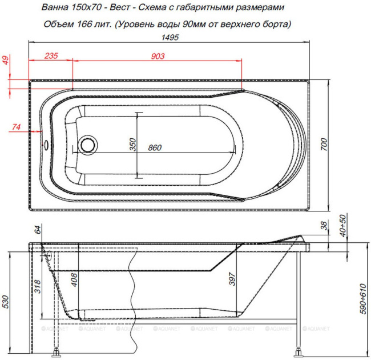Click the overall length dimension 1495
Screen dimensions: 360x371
pos(171,37)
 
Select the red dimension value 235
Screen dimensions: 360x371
pos(51,55)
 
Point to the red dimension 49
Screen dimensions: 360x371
pos(7,61)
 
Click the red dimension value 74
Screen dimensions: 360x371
pos(16,126)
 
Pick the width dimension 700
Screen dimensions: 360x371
pos(324,146)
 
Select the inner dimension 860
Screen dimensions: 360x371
pos(154,148)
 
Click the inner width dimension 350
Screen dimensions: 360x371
pos(132,145)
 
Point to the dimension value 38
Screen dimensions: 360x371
pos(324,227)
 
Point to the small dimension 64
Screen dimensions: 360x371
pos(38,230)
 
